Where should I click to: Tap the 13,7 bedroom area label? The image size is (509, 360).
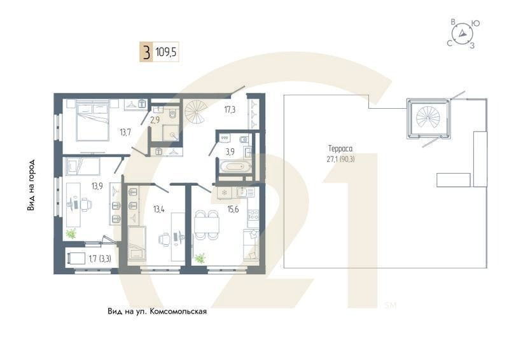[125, 132]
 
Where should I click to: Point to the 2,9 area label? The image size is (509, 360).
[155, 119]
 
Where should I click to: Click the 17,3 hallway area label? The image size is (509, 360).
[230, 110]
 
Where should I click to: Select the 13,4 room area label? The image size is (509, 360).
[159, 209]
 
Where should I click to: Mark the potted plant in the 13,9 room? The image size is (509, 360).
[71, 233]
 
